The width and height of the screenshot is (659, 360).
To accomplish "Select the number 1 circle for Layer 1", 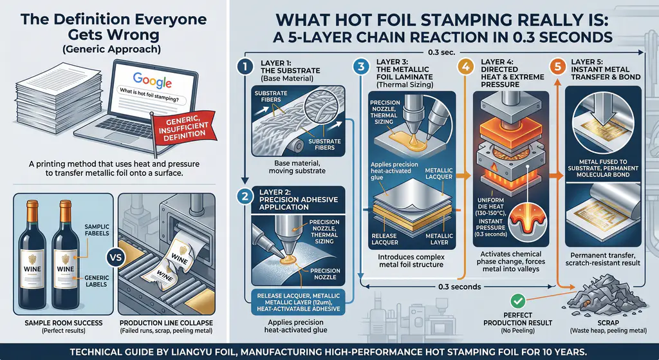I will click(x=245, y=66).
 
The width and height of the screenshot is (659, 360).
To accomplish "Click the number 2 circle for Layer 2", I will click(x=245, y=198).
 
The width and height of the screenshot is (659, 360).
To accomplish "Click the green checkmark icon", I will click(x=519, y=301).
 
